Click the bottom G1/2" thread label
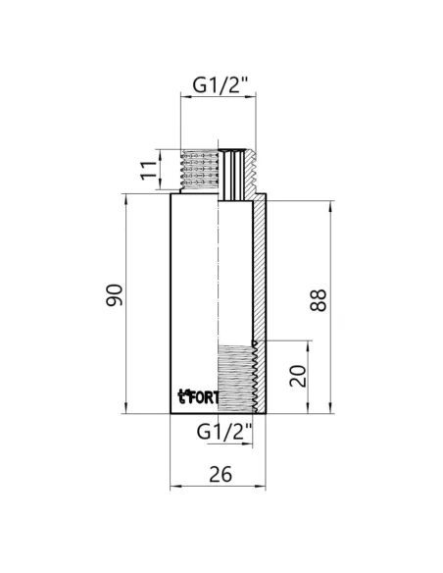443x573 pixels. (x=224, y=431)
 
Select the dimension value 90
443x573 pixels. (x=114, y=294)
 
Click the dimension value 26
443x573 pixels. (x=220, y=474)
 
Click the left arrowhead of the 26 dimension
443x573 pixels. (x=174, y=487)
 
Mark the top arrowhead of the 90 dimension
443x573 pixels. (x=126, y=197)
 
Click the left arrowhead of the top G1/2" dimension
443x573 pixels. (x=182, y=97)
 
